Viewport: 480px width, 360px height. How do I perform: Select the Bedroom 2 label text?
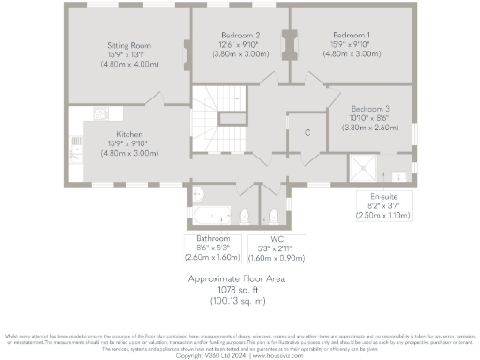[x=238, y=35]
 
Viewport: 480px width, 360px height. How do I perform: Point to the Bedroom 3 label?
[x=369, y=109]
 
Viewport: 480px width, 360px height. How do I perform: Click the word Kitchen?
[x=128, y=133]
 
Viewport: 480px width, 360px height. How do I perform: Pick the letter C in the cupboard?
[x=307, y=133]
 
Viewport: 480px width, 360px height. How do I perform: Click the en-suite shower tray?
[x=364, y=169]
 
